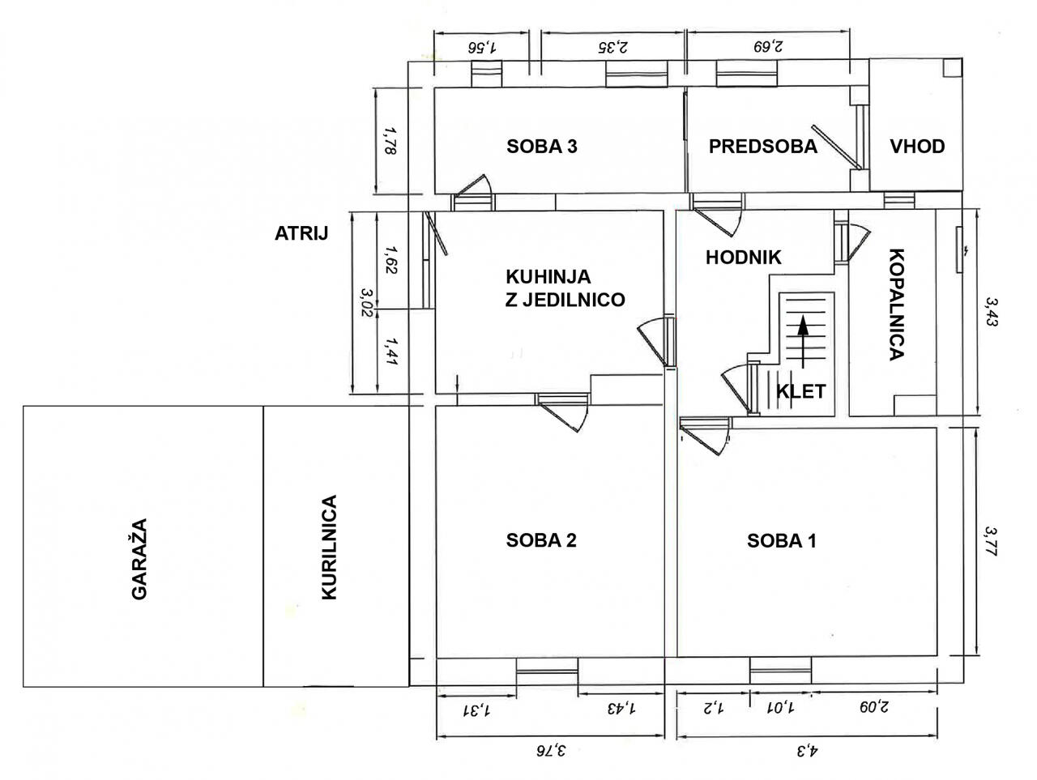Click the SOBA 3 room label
pos(542,147)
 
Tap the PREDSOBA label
pos(762,147)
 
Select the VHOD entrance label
pos(917,147)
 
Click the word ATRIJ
pos(301,234)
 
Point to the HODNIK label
pos(743,258)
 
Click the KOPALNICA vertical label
pos(896,303)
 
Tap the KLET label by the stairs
pos(800,392)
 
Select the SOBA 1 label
pos(781,540)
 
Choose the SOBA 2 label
pos(541,540)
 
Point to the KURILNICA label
pos(328,548)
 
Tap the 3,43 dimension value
pos(990,312)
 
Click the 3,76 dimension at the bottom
pos(550,752)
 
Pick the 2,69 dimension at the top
pos(766,46)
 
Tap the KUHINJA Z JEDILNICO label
pos(565,288)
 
